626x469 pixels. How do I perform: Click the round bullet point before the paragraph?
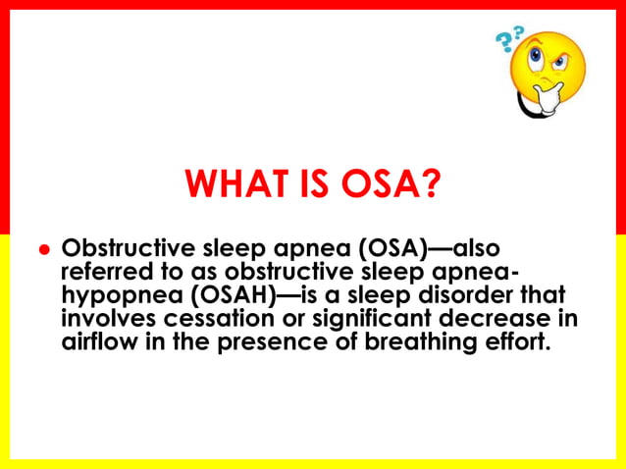[43, 250]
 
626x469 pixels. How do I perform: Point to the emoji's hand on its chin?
[535, 98]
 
